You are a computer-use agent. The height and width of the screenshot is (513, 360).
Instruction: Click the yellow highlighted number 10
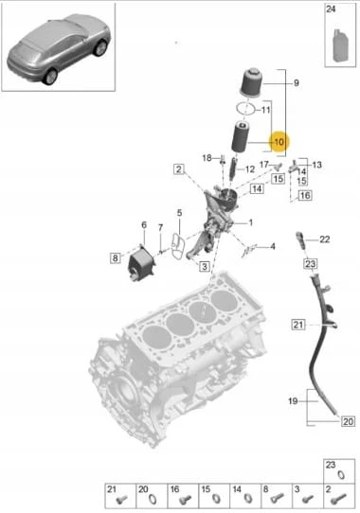tap(279, 142)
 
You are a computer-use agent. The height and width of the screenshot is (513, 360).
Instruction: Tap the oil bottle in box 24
tap(340, 45)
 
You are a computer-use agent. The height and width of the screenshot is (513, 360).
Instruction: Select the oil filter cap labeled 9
tap(252, 82)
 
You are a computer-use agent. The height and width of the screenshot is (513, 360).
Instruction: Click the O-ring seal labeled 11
tap(245, 108)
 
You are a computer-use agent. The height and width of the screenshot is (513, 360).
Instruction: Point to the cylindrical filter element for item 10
tap(241, 137)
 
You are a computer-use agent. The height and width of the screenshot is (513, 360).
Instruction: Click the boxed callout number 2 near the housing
tap(179, 169)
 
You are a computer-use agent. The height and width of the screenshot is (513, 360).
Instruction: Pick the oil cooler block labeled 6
tap(142, 264)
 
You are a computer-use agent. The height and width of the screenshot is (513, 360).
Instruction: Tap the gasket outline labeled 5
tap(178, 245)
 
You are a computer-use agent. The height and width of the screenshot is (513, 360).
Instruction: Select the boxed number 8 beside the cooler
tap(115, 258)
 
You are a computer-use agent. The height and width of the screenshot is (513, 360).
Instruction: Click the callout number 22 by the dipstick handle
tap(324, 239)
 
